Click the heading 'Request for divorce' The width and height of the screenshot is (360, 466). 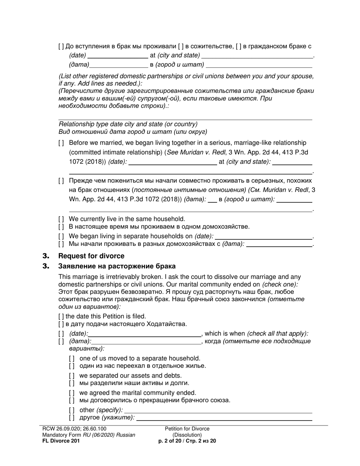click(x=91, y=256)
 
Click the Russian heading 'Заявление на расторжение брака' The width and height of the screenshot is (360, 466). click(x=117, y=266)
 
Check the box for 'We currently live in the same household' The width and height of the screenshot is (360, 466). click(x=61, y=219)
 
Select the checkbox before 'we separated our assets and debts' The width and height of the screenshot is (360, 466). click(x=72, y=376)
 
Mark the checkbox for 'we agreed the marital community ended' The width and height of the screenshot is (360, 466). click(x=72, y=393)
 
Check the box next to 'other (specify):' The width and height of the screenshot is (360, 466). click(x=72, y=410)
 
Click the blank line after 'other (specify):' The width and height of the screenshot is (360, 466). click(x=218, y=411)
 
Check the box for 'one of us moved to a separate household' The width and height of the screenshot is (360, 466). click(x=72, y=358)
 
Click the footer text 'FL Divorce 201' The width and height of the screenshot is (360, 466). click(x=61, y=441)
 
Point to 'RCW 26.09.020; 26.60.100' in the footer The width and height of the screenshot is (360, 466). click(x=72, y=429)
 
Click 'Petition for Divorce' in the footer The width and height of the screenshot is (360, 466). click(x=187, y=429)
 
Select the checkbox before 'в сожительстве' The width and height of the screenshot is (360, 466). click(x=181, y=47)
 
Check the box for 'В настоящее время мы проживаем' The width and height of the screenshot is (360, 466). click(x=61, y=227)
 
